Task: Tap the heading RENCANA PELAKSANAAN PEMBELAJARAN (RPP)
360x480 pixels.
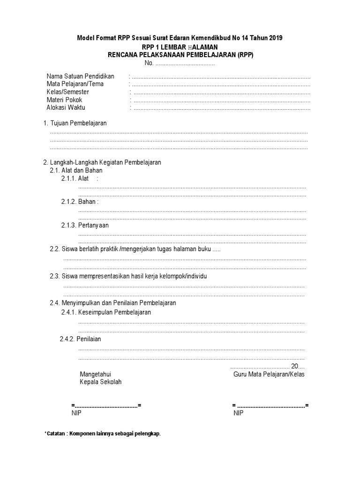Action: [180, 54]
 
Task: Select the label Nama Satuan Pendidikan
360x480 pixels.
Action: [81, 76]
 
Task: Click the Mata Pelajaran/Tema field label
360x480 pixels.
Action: [75, 84]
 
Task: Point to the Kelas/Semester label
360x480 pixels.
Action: [67, 92]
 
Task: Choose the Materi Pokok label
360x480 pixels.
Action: [64, 100]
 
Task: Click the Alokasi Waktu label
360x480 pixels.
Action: [66, 107]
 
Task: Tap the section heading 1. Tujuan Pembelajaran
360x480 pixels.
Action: [75, 123]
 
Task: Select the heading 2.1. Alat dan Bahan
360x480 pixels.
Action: [76, 170]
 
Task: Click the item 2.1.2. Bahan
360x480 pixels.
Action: [80, 202]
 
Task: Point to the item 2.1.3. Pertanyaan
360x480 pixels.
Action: [85, 225]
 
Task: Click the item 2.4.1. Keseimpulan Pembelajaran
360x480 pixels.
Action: [106, 312]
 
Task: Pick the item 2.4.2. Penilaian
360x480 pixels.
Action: [81, 339]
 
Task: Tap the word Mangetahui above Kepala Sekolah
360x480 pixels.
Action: [96, 375]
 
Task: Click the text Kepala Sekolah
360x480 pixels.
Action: [101, 382]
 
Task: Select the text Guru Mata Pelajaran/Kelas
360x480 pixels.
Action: [269, 375]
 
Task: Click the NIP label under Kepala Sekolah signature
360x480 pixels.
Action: [76, 413]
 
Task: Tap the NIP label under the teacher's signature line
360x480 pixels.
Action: [238, 413]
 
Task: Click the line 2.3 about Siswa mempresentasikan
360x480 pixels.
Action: [128, 276]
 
